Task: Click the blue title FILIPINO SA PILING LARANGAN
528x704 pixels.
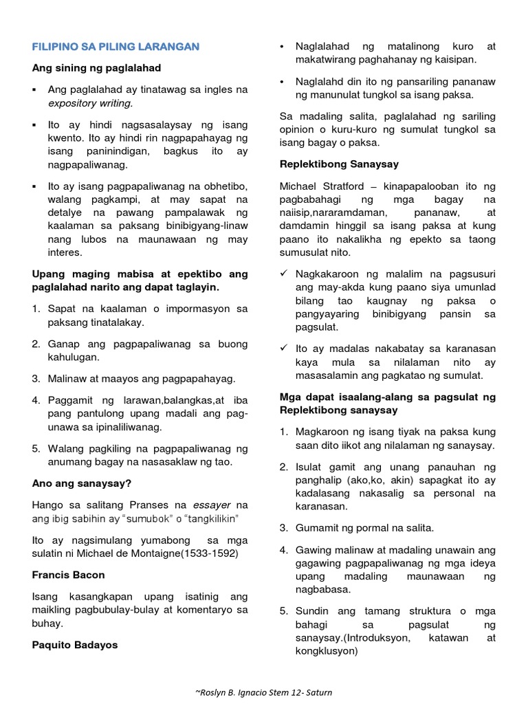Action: click(x=116, y=47)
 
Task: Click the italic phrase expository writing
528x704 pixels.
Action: click(x=90, y=103)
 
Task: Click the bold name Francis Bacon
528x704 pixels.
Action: click(x=69, y=575)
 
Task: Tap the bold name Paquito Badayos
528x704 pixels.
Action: click(x=75, y=645)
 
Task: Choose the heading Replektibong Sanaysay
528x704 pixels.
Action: click(x=339, y=165)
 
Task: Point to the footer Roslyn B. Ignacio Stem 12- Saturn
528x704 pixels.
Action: click(x=263, y=692)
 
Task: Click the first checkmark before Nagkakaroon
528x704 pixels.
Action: click(x=284, y=273)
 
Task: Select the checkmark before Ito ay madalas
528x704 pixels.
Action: click(x=284, y=348)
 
